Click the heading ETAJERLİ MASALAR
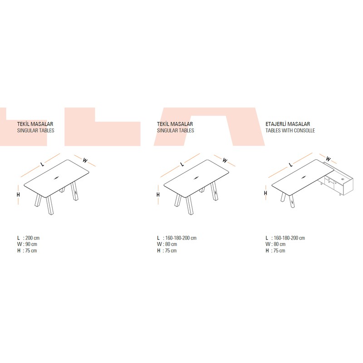(288, 124)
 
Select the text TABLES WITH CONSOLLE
(290, 130)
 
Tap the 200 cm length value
(32, 238)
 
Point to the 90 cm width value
(31, 244)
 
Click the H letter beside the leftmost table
(18, 195)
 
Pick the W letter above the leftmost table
(85, 160)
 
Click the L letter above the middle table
(182, 164)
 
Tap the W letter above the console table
(328, 159)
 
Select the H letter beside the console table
(265, 193)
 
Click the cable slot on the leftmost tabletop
(56, 178)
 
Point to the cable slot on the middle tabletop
(196, 178)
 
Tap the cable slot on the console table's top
(304, 177)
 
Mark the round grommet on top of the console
(343, 179)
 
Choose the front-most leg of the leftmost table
(50, 206)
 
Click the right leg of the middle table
(214, 191)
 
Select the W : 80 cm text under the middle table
(167, 244)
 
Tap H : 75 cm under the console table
(275, 250)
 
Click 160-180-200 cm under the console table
(289, 238)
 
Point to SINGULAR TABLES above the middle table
(176, 130)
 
